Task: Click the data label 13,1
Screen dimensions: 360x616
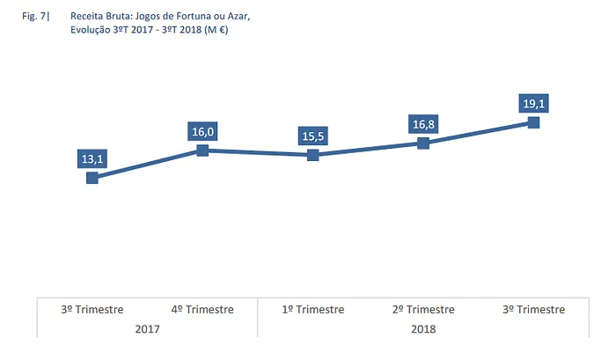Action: (92, 158)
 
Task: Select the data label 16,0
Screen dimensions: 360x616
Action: (202, 132)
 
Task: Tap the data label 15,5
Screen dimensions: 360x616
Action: (312, 136)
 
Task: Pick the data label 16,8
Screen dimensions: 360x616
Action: (423, 124)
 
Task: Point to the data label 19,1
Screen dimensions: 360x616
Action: (533, 104)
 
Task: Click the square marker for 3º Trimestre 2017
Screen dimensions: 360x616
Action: (92, 178)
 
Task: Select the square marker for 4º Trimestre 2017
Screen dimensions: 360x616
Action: (202, 151)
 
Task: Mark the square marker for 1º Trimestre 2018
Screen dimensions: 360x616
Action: (312, 155)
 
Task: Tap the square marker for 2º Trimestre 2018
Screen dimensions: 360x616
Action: (423, 143)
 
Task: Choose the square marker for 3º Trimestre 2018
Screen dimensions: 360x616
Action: (533, 122)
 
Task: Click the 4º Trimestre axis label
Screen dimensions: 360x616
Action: (202, 310)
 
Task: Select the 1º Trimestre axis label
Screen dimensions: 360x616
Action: (312, 310)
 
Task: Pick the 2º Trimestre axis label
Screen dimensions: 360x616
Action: (423, 310)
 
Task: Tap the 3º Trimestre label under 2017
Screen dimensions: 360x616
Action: (92, 310)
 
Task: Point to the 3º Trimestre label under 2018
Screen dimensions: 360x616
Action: (533, 310)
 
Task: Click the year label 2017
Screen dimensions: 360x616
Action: (147, 329)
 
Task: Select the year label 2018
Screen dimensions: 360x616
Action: (423, 329)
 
